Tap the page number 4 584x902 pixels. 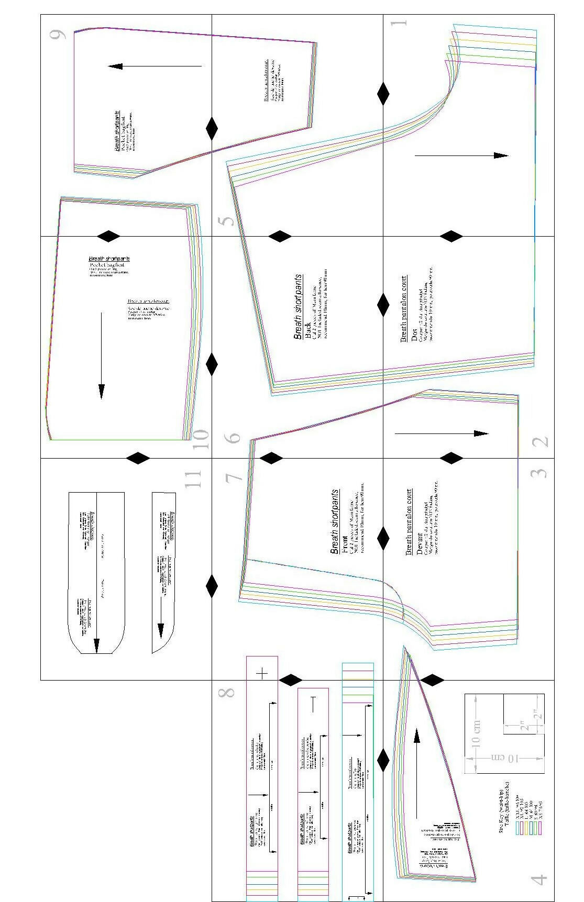click(x=539, y=878)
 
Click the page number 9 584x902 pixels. click(x=57, y=35)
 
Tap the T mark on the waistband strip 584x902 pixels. click(x=314, y=704)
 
